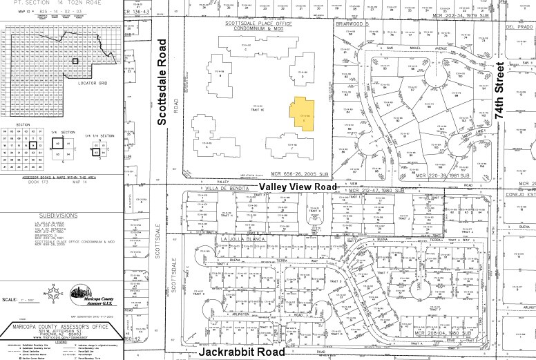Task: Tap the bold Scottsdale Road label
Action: pos(162,82)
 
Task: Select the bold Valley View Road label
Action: pos(298,187)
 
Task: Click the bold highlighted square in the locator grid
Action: pos(75,61)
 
